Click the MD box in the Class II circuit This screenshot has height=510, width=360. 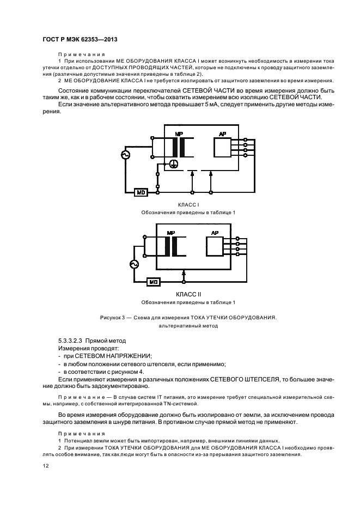(154, 282)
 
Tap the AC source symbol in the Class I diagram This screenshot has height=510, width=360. (125, 155)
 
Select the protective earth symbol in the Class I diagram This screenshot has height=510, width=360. (173, 164)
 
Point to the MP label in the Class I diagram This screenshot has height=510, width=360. (179, 134)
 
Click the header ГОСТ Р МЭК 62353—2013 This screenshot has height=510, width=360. (81, 40)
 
